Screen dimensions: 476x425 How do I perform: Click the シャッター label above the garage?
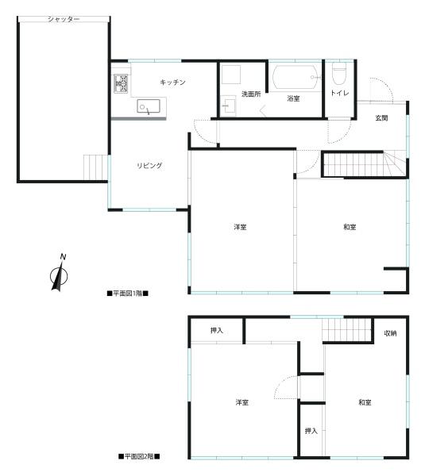click(64, 18)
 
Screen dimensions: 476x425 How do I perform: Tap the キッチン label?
click(172, 83)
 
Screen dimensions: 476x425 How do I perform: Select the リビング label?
click(149, 165)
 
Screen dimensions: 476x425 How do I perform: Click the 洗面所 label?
click(251, 94)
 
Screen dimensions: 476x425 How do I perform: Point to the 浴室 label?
click(294, 98)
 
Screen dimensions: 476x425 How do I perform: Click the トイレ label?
click(339, 94)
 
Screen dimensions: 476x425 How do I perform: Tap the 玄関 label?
click(381, 118)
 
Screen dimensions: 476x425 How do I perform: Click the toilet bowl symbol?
click(340, 74)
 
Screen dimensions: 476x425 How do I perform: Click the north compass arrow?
click(58, 273)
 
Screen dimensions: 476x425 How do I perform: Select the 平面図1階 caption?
click(128, 294)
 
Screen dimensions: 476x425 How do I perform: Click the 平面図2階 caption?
click(139, 457)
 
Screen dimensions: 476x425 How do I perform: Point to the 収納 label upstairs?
click(390, 332)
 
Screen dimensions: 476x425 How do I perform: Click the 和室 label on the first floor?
click(350, 228)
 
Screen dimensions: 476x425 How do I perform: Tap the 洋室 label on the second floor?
click(242, 403)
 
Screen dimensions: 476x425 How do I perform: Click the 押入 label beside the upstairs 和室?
click(311, 431)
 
